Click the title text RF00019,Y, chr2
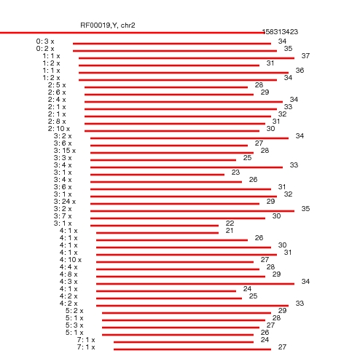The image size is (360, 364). (108, 25)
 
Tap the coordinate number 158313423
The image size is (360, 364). (280, 32)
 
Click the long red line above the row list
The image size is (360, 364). (132, 33)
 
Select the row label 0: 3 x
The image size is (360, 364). (45, 41)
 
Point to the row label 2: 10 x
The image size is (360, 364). (59, 129)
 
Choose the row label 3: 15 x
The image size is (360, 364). (65, 151)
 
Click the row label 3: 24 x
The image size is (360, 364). (65, 202)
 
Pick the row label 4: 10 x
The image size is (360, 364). (71, 260)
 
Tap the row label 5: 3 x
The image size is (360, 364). (74, 325)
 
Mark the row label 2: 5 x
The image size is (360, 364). (57, 85)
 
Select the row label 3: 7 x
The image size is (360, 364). (63, 216)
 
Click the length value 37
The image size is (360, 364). (305, 56)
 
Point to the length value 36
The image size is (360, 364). (300, 71)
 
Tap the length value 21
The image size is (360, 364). (230, 231)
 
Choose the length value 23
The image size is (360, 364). (235, 173)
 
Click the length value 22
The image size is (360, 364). (230, 223)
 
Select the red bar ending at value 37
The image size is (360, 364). (187, 58)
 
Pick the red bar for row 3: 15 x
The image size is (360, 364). (172, 153)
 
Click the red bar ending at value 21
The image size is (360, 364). (157, 233)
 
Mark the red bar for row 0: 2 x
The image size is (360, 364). (175, 51)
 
